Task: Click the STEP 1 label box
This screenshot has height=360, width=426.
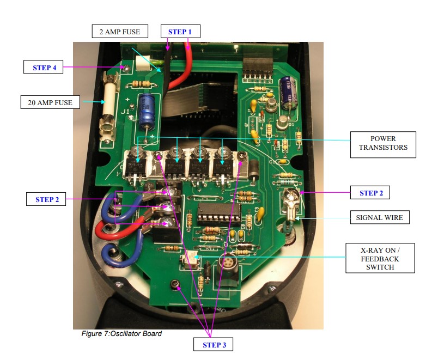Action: pyautogui.click(x=180, y=32)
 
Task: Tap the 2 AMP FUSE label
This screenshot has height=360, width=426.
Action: pyautogui.click(x=119, y=32)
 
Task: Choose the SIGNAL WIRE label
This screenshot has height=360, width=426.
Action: pyautogui.click(x=379, y=217)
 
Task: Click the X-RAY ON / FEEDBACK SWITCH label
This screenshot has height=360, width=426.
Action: pyautogui.click(x=379, y=258)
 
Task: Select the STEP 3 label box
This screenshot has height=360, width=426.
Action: pyautogui.click(x=214, y=345)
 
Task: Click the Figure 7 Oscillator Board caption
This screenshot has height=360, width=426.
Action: pyautogui.click(x=121, y=334)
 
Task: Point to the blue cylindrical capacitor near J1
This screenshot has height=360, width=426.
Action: pyautogui.click(x=145, y=112)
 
